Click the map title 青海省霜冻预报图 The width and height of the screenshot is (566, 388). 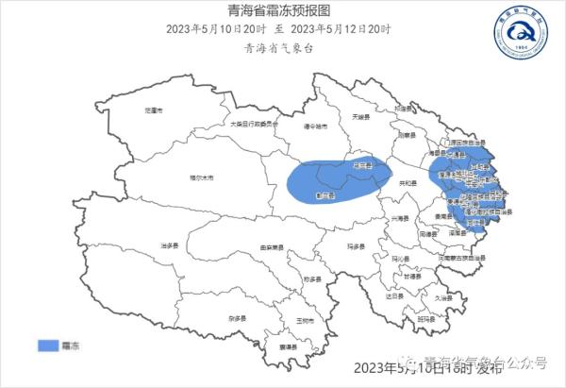(281, 10)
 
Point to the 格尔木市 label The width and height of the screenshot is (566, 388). (202, 177)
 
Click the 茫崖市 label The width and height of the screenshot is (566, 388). (153, 110)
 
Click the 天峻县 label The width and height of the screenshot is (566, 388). (358, 117)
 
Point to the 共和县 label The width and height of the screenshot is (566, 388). (408, 182)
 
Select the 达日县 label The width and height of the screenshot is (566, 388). (394, 295)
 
